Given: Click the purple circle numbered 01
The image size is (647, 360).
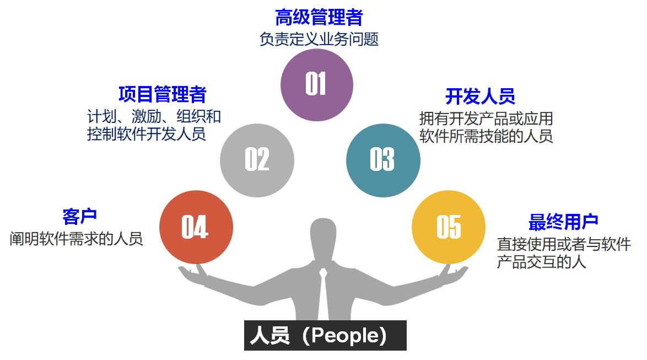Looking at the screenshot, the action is click(316, 84).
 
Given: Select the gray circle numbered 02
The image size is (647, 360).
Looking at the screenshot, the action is click(257, 160).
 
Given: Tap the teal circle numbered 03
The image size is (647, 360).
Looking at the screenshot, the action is click(383, 160).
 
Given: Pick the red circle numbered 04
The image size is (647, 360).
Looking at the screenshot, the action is click(196, 227).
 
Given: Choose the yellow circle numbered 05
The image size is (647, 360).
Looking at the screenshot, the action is click(448, 227).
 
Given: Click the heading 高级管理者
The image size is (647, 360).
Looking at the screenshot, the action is click(319, 17).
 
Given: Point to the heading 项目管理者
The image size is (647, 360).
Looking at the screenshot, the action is click(162, 94).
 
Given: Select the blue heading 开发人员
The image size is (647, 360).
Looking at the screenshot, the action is click(480, 96).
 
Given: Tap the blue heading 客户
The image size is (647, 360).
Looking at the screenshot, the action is click(79, 217).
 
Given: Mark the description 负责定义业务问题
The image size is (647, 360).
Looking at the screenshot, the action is click(319, 40).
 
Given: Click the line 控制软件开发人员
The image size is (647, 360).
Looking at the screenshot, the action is click(146, 134).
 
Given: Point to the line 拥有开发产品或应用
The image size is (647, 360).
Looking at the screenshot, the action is click(486, 119).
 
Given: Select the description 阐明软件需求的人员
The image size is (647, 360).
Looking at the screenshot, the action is click(76, 239).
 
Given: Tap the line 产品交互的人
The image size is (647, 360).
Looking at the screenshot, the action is click(541, 262).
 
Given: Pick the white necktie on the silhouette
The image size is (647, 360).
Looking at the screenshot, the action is click(323, 292).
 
